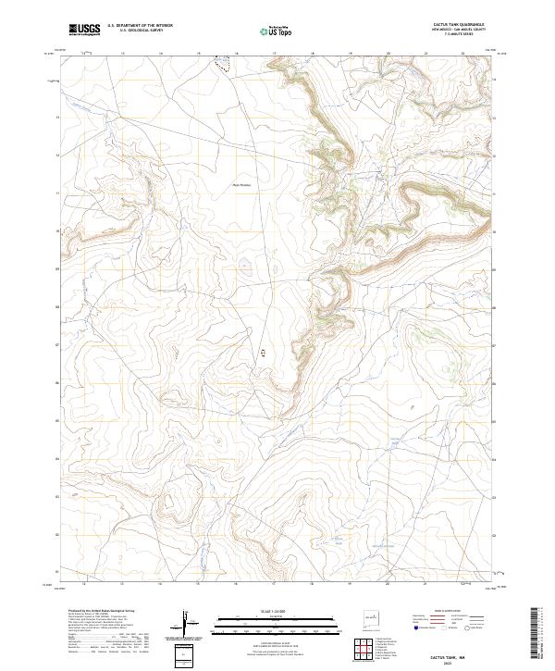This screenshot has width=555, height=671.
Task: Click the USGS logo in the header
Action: click(x=85, y=30)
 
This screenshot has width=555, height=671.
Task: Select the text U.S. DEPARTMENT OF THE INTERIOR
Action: click(x=140, y=27)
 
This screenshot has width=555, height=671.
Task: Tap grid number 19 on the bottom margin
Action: click(x=351, y=584)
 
